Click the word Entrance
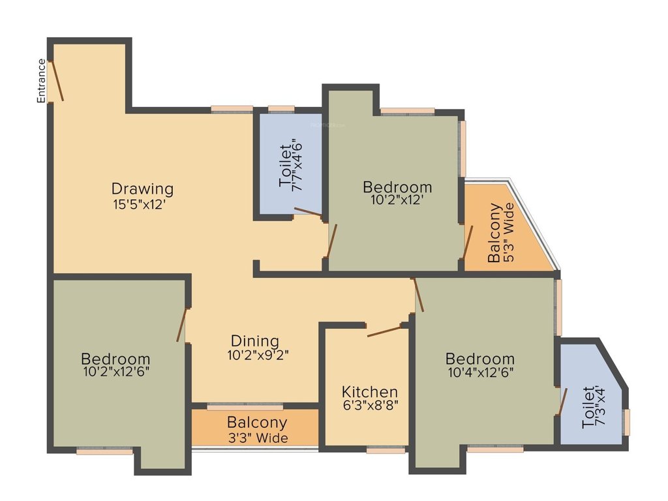[41, 81]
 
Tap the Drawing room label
[142, 189]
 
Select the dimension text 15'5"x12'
[142, 204]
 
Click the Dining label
[254, 341]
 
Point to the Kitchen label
[370, 392]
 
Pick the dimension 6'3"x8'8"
[370, 405]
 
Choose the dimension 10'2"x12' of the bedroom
[397, 201]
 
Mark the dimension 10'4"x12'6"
[479, 373]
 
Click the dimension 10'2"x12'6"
[115, 373]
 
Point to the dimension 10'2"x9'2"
[258, 356]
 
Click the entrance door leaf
[57, 80]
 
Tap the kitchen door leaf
[384, 331]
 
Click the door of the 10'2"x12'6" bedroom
[181, 325]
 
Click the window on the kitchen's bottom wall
[385, 449]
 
